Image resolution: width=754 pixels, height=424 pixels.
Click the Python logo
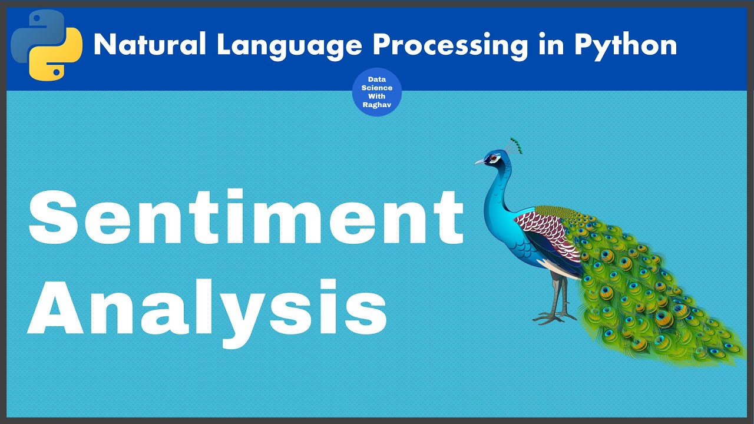tap(47, 45)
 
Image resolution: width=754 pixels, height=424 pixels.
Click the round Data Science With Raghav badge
tap(376, 92)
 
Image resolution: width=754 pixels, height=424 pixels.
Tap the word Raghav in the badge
tap(376, 104)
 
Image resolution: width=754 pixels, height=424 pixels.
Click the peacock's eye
tap(494, 158)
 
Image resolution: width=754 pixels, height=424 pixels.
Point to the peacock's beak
tap(479, 161)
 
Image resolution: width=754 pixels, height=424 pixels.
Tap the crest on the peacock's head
tap(515, 145)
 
